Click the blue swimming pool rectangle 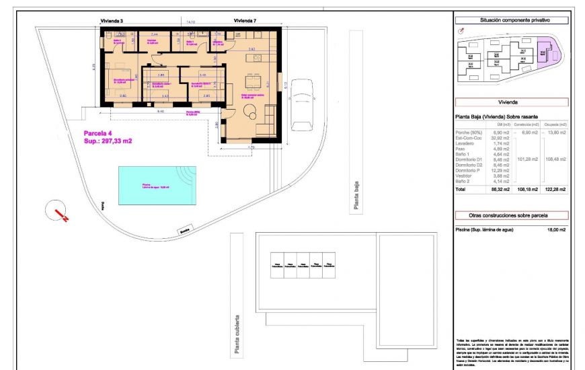point(157,185)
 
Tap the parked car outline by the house point(301,108)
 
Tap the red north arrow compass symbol point(59,213)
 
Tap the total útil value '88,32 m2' point(503,190)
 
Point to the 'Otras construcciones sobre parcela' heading point(511,215)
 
